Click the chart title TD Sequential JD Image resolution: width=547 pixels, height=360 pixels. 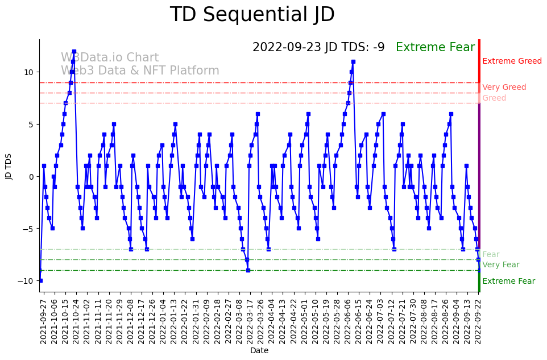(252, 15)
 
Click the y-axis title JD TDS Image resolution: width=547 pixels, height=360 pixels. (9, 165)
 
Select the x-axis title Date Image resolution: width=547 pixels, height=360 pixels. (259, 351)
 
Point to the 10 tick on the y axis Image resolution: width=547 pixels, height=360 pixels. (28, 72)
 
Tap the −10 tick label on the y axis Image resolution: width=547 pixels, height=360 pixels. (26, 281)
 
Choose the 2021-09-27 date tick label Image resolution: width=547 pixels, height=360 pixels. (43, 321)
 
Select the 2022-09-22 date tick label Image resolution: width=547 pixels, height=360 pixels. (479, 321)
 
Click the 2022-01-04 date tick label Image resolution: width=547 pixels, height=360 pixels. (162, 321)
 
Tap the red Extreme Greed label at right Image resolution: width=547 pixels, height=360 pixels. (512, 61)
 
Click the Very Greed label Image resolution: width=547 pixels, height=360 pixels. (504, 88)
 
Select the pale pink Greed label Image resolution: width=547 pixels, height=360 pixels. (494, 98)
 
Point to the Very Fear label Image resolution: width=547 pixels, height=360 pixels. (500, 265)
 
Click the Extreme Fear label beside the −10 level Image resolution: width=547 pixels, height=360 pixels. (508, 282)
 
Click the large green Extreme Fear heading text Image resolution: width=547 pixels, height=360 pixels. (435, 47)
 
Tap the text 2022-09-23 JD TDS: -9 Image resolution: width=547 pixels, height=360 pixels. (318, 47)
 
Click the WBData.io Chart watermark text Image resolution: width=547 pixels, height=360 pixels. (110, 58)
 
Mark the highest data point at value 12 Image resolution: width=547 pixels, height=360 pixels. (74, 51)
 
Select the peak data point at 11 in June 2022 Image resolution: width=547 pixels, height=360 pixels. (353, 61)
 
